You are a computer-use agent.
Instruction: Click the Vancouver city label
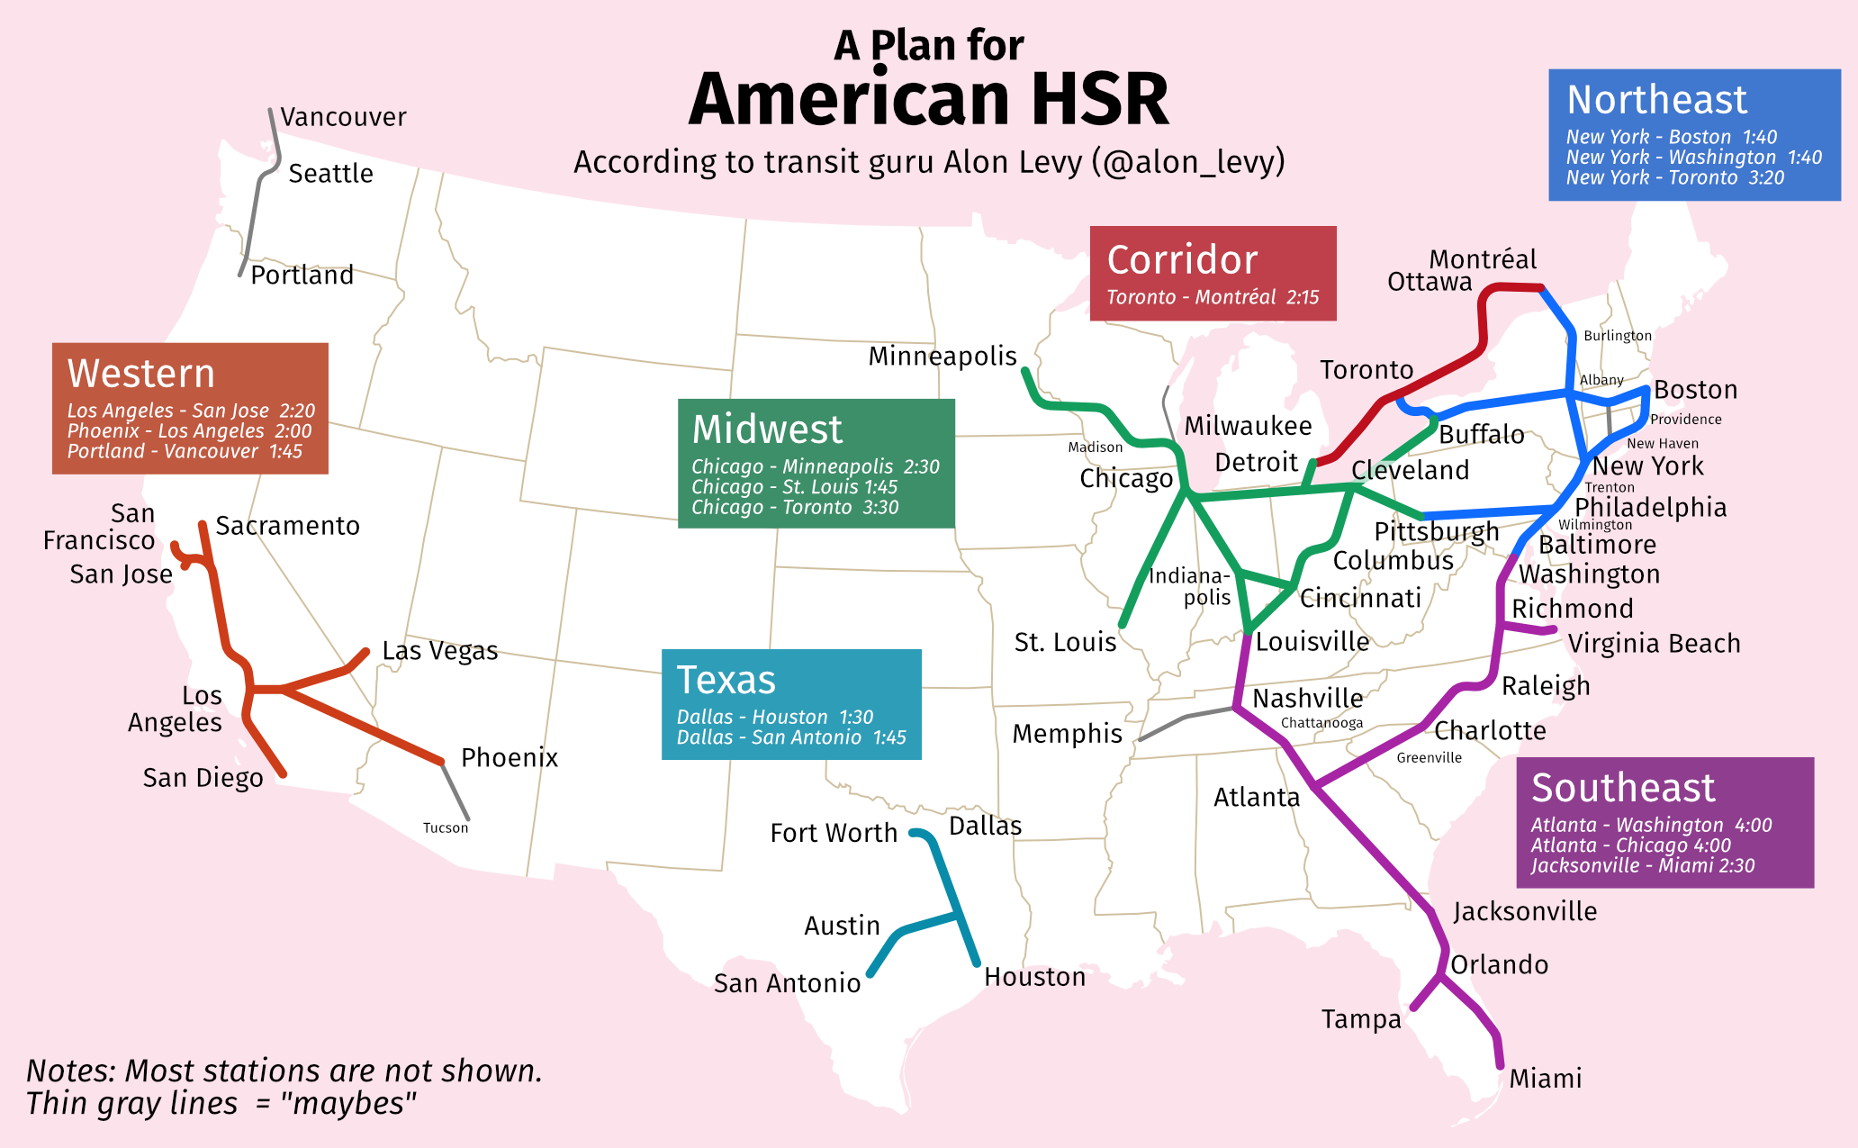[x=343, y=117]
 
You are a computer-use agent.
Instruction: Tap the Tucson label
[x=446, y=828]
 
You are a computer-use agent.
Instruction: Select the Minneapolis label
[x=942, y=357]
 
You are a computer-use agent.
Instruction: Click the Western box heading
[x=141, y=374]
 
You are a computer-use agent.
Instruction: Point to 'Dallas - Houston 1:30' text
[x=774, y=717]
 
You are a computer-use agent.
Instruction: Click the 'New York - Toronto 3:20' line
[x=1674, y=178]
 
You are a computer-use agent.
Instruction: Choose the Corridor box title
[x=1182, y=260]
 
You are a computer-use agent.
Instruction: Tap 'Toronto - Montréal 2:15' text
[x=1212, y=298]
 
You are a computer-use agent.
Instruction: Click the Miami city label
[x=1545, y=1079]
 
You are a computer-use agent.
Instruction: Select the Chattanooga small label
[x=1321, y=723]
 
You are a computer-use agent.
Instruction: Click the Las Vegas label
[x=439, y=651]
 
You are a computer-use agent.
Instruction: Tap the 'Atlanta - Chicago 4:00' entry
[x=1630, y=845]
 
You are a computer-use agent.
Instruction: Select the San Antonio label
[x=787, y=983]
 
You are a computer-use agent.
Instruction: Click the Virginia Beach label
[x=1654, y=644]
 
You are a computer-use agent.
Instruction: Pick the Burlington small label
[x=1617, y=336]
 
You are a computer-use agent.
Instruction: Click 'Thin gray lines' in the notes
[x=131, y=1104]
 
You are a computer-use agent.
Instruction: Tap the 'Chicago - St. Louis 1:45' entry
[x=794, y=487]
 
